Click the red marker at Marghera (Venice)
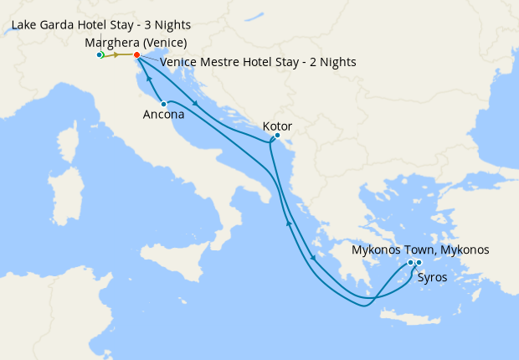(136, 55)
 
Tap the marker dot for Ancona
(163, 104)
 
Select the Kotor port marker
(277, 136)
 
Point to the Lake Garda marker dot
(100, 55)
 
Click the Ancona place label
(164, 116)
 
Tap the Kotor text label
(277, 126)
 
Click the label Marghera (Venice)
(136, 43)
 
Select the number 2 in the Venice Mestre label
(309, 62)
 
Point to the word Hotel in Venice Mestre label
(259, 62)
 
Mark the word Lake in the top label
(25, 25)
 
